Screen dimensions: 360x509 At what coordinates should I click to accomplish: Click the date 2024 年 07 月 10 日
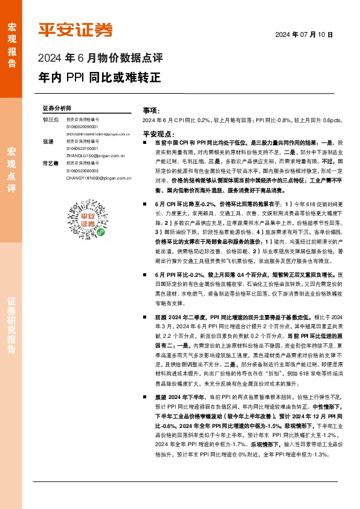coord(304,34)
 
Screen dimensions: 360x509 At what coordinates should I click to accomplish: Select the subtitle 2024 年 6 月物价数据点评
coord(100,59)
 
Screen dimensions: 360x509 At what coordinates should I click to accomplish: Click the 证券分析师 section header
coord(57,107)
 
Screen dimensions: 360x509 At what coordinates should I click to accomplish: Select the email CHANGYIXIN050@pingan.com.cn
coord(99,178)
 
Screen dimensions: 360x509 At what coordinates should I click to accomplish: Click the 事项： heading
coord(151,111)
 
